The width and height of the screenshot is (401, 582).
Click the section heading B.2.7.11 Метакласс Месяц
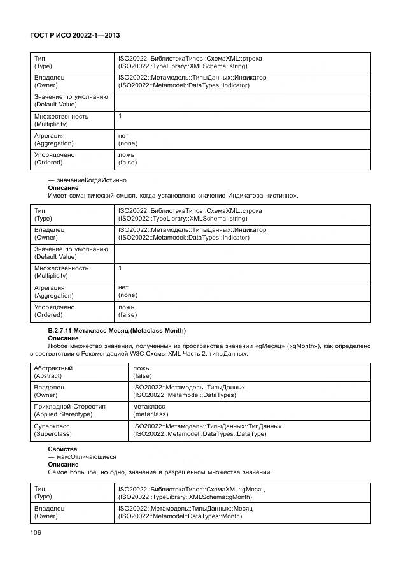tap(117, 330)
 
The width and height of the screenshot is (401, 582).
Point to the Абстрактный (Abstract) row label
tap(53, 372)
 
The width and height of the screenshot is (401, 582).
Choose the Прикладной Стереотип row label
tap(70, 410)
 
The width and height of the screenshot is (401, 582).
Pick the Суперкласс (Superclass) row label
tap(52, 429)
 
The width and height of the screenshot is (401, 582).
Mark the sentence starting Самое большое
tap(159, 472)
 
